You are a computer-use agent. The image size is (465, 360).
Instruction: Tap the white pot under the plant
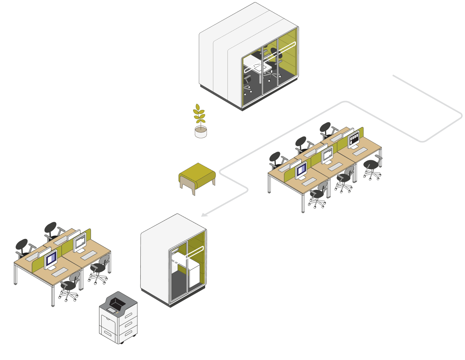coord(201,132)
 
